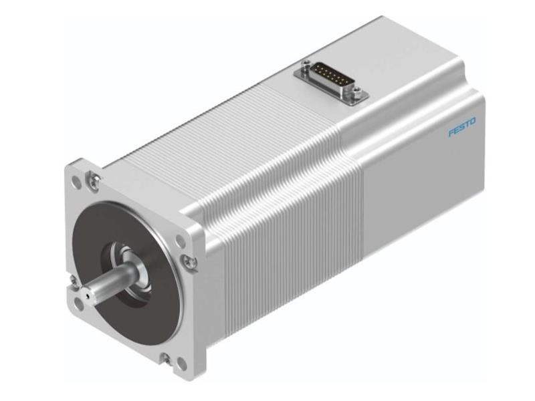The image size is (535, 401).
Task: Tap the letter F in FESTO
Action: [x=451, y=132]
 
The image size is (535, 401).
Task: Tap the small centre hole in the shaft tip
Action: [x=87, y=293]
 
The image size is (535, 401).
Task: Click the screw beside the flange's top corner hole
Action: [x=95, y=178]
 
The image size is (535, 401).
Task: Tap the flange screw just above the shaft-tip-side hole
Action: [x=73, y=286]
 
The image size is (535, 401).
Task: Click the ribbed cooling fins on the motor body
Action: [x=281, y=200]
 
